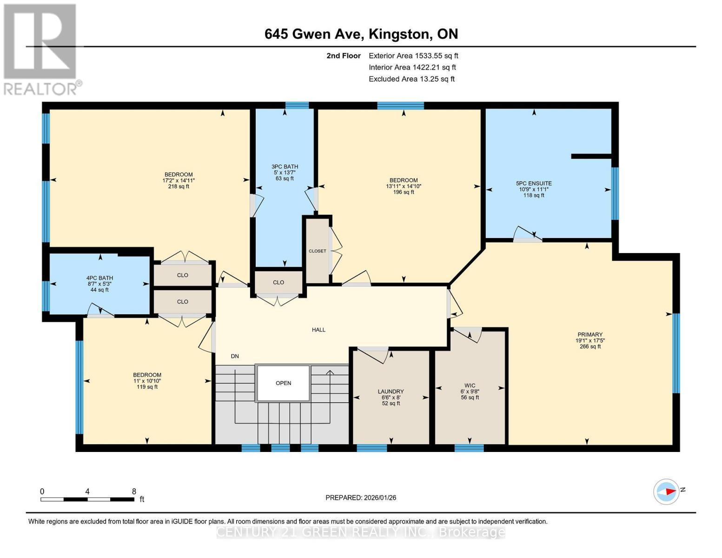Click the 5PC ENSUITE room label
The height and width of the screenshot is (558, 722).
pos(534,184)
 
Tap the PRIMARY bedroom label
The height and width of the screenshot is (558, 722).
pos(590,334)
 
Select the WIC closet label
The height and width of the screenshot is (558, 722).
pos(470,385)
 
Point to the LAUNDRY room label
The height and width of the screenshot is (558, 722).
pos(391,392)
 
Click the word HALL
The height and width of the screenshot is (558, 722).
pos(318,330)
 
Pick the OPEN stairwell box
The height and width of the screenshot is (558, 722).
pos(283,383)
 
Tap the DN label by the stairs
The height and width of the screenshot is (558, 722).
pos(235,356)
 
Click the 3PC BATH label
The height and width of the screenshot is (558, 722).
pos(285,166)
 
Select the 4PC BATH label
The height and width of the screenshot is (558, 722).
pos(99,278)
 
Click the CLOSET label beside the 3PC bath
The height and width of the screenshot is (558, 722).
pos(318,251)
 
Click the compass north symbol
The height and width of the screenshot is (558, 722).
pos(667,492)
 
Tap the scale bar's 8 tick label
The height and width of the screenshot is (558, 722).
pos(134,492)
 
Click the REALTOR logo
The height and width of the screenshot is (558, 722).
pos(41,49)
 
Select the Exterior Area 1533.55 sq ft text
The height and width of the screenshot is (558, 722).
pos(413,56)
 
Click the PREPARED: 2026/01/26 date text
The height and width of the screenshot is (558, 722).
pos(361,498)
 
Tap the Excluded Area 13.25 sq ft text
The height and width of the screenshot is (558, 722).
pos(411,79)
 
